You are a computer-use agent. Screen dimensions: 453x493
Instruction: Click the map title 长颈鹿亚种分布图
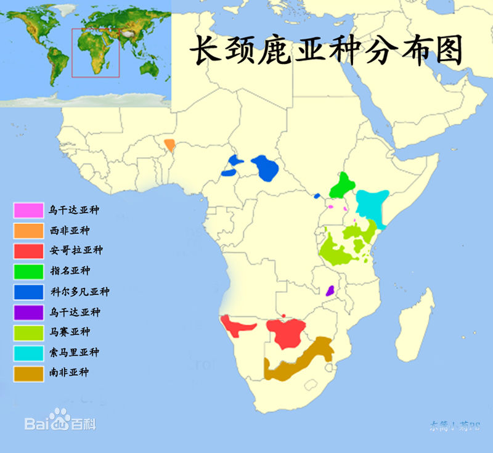click(325, 51)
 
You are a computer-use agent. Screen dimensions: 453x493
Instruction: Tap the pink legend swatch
click(28, 210)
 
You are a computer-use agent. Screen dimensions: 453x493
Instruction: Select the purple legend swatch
click(28, 312)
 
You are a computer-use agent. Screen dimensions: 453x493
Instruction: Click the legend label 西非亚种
click(70, 231)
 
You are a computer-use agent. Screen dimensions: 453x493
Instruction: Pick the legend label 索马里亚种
click(74, 353)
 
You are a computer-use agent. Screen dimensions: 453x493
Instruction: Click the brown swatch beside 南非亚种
click(28, 373)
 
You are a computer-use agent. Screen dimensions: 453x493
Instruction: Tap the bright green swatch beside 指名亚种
click(28, 271)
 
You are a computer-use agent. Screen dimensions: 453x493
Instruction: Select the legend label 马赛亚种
click(70, 332)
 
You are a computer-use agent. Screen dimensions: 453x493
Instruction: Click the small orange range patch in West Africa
click(169, 145)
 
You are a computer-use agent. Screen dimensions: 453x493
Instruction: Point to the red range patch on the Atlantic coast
click(237, 325)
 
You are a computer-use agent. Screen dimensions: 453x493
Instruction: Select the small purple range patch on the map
click(330, 290)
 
